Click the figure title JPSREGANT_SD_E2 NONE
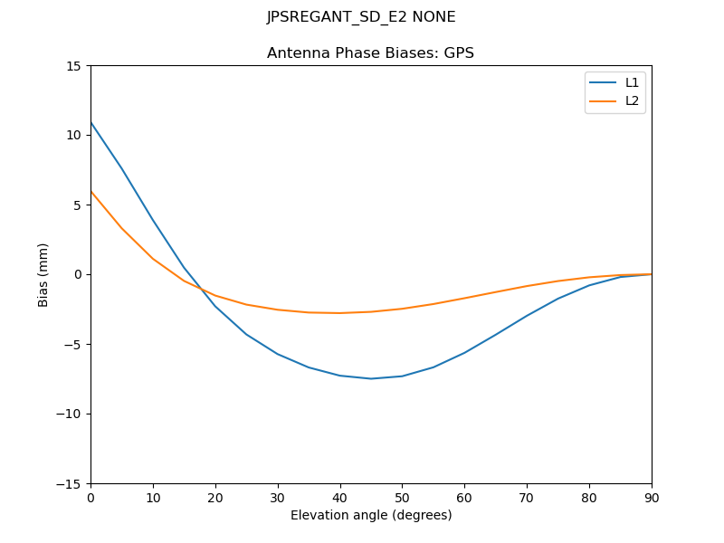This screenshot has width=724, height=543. (x=361, y=17)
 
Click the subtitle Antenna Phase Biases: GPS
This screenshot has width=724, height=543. (x=370, y=53)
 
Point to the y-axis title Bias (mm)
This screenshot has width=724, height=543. (x=43, y=274)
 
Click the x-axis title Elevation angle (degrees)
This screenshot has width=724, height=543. (x=371, y=515)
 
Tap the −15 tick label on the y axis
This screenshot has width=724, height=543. (x=71, y=484)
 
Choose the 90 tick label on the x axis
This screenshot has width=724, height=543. (x=652, y=497)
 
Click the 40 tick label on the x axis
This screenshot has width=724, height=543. (x=340, y=497)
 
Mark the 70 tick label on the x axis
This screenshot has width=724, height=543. (x=527, y=497)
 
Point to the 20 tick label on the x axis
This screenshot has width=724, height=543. (x=215, y=497)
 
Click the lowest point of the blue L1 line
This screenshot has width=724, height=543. (x=371, y=378)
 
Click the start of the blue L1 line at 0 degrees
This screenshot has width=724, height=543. (x=91, y=122)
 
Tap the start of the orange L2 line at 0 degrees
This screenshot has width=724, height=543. (x=91, y=191)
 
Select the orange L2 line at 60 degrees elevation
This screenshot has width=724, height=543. (x=464, y=298)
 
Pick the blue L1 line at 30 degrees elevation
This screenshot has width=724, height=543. (x=278, y=354)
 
